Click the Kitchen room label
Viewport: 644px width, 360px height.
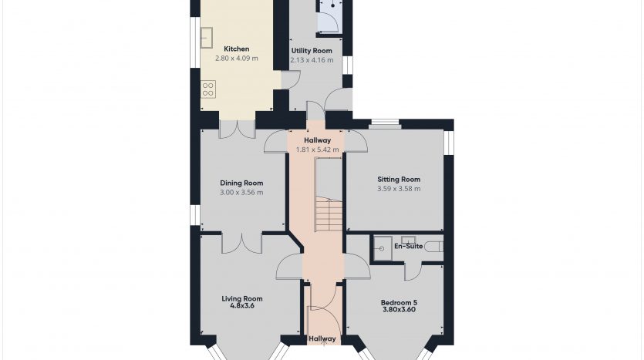236,49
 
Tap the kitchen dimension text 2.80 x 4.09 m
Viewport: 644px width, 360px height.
237,59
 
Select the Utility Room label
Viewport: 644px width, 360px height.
312,51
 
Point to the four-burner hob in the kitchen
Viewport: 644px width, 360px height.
208,89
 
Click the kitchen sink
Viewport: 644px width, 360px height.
207,37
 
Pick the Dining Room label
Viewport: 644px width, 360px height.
241,183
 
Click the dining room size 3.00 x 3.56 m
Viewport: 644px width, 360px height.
241,192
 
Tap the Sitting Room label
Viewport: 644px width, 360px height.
399,180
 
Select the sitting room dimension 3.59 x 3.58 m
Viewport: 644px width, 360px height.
399,189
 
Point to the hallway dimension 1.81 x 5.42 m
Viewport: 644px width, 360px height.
318,150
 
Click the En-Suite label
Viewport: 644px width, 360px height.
408,246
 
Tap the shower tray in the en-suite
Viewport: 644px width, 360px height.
383,248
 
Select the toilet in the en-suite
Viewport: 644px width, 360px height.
433,247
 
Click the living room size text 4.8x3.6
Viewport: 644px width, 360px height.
242,306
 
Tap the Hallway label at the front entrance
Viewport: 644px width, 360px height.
322,339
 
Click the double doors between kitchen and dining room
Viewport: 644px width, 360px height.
237,129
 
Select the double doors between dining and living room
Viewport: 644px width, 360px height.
241,244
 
